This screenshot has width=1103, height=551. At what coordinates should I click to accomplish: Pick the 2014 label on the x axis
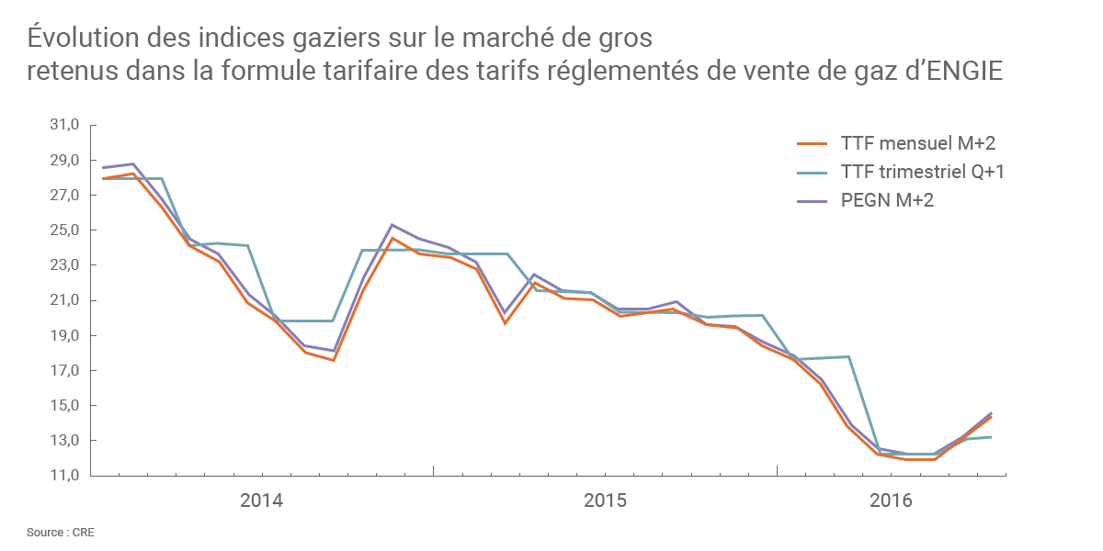point(261,501)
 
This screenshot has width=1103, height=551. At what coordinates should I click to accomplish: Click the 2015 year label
point(605,501)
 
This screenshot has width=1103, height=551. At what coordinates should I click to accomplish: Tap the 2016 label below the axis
point(891,501)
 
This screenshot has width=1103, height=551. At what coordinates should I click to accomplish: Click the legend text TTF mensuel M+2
point(917,143)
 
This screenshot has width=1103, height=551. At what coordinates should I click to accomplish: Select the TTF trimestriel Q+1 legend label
point(922,172)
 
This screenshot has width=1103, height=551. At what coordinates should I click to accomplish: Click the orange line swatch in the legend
point(812,143)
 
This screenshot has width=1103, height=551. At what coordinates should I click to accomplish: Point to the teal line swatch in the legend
point(812,172)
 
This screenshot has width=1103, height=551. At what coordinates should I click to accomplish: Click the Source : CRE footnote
point(61,533)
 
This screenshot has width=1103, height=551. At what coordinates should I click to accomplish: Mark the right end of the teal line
point(1003,437)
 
